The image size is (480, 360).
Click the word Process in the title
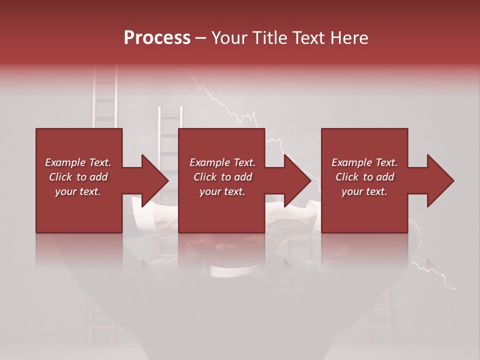(x=157, y=38)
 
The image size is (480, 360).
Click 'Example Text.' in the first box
(x=78, y=162)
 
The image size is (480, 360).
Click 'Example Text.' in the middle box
(x=222, y=162)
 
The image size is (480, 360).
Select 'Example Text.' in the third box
(x=364, y=162)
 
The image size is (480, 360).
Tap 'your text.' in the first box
(x=78, y=191)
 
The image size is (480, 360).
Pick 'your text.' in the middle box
(x=222, y=191)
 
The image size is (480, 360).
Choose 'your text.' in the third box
(x=364, y=191)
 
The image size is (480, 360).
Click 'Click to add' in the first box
(x=78, y=177)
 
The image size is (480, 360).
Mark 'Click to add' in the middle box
(x=222, y=177)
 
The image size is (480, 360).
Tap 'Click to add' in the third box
(x=364, y=177)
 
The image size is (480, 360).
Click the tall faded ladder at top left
(x=105, y=97)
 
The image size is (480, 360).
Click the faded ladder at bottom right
(x=378, y=315)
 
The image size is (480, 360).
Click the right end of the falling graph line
(x=454, y=288)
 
